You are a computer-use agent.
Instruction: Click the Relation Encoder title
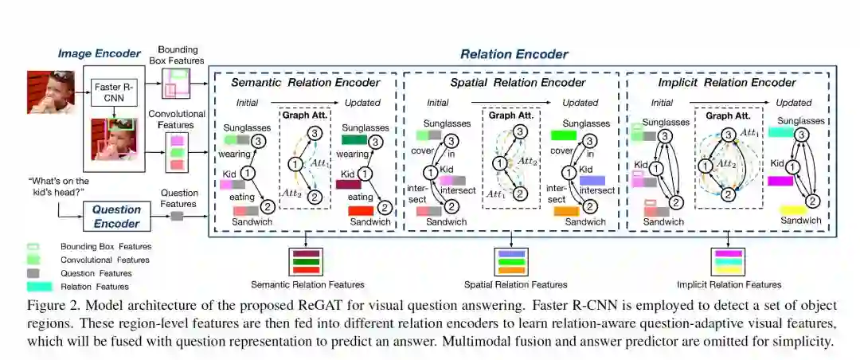[x=514, y=54]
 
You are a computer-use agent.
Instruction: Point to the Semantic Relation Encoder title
[x=306, y=82]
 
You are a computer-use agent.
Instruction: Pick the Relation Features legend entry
[x=93, y=286]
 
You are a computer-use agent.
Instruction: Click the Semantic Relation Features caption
[x=307, y=284]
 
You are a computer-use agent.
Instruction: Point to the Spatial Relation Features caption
[x=515, y=284]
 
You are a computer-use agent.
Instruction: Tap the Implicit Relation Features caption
[x=729, y=284]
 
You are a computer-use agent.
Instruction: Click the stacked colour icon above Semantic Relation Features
[x=306, y=260]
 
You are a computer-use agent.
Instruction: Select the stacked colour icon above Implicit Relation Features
[x=728, y=260]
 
